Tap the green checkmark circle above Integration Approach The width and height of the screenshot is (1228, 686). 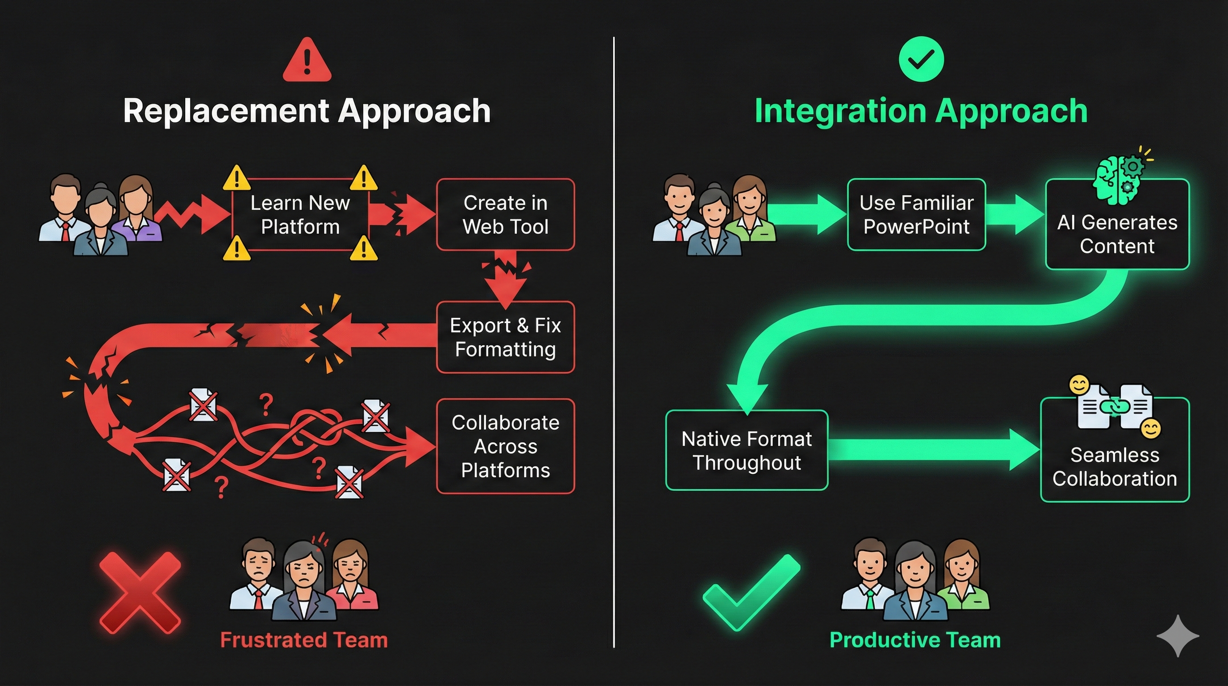coord(921,59)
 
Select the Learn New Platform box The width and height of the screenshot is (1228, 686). coord(300,214)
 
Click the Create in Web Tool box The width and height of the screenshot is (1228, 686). coord(505,214)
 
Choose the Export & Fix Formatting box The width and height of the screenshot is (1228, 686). coord(505,337)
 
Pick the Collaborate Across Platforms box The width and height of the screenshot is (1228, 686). coord(505,446)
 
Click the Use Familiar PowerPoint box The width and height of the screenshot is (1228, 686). coord(916,214)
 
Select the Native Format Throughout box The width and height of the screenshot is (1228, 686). coord(747,450)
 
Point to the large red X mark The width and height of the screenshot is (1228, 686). coord(140,593)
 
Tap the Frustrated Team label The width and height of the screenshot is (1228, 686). coord(304,640)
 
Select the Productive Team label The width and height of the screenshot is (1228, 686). coord(915,640)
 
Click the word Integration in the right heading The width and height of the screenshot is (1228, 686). coord(840,111)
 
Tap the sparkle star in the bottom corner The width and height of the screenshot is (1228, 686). coord(1178,636)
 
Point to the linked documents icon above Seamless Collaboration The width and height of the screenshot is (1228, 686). coord(1115,406)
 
